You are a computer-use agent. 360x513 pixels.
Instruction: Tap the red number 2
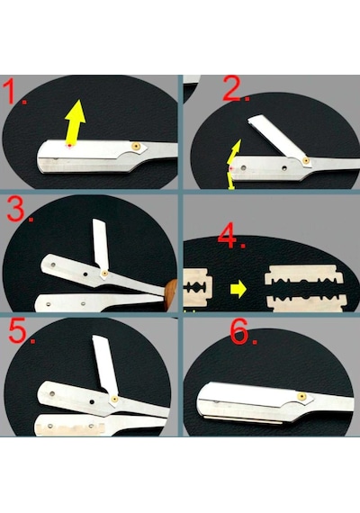[234, 88]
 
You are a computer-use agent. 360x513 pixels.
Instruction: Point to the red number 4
[228, 236]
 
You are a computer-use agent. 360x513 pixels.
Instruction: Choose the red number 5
[18, 330]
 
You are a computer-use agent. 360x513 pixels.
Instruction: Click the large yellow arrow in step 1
[76, 122]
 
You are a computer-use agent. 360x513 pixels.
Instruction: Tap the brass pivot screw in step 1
[136, 146]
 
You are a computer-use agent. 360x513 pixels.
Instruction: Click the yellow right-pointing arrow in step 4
[238, 289]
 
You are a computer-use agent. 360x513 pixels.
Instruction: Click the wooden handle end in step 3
[170, 293]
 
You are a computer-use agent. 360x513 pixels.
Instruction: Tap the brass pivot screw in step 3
[104, 274]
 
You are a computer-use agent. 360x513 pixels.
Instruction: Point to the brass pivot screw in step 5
[114, 399]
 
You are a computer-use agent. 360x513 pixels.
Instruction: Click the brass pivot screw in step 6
[301, 397]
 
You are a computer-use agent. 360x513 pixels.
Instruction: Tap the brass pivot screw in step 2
[306, 160]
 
